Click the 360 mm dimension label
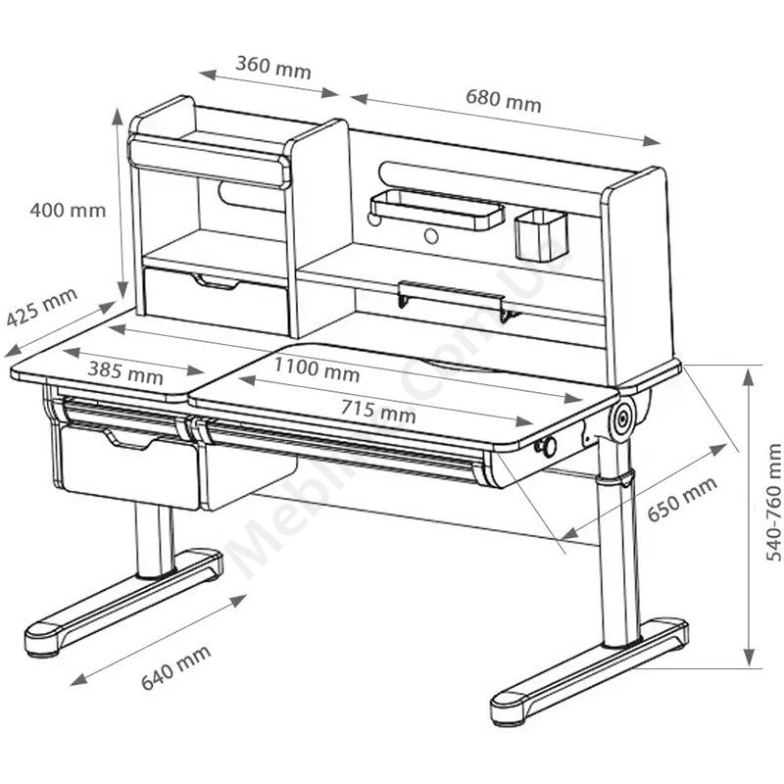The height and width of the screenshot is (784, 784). point(273,68)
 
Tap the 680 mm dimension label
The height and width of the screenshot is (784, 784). point(504,101)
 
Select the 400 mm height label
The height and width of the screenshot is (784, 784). point(68,210)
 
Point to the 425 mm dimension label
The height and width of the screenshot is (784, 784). point(42,307)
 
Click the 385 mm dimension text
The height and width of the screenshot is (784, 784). point(125,372)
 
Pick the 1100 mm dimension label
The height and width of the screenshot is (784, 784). point(317,370)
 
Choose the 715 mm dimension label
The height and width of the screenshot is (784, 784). point(378,412)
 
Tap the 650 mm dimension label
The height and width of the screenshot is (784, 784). point(682,499)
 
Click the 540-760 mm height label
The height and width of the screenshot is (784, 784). point(773,502)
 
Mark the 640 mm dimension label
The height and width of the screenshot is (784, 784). point(176,667)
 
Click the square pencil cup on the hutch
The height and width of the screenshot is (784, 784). point(541,234)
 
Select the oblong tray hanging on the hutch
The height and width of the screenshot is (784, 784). point(437,209)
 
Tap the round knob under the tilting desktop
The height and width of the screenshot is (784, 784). point(548,447)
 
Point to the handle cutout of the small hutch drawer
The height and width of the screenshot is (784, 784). point(216,281)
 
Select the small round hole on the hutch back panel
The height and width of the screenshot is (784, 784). point(431,236)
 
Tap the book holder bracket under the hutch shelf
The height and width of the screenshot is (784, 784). point(452,301)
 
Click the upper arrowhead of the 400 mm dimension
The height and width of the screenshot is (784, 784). point(117,117)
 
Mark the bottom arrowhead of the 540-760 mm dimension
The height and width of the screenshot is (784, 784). point(748,657)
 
